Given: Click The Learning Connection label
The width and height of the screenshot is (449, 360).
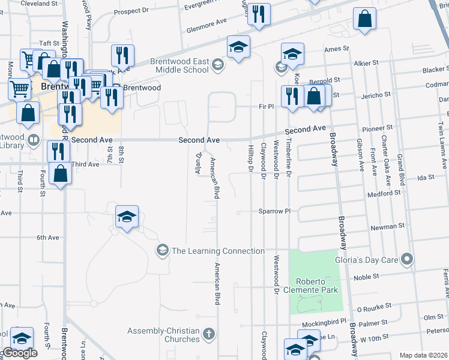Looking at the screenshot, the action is pyautogui.click(x=218, y=251).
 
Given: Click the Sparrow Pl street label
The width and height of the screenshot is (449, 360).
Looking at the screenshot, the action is pyautogui.click(x=274, y=211).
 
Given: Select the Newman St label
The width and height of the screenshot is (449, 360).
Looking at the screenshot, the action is pyautogui.click(x=384, y=227).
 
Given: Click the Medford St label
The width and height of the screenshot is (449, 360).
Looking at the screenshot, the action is pyautogui.click(x=385, y=193).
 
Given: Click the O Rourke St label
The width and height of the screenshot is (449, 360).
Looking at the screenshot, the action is pyautogui.click(x=374, y=309).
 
